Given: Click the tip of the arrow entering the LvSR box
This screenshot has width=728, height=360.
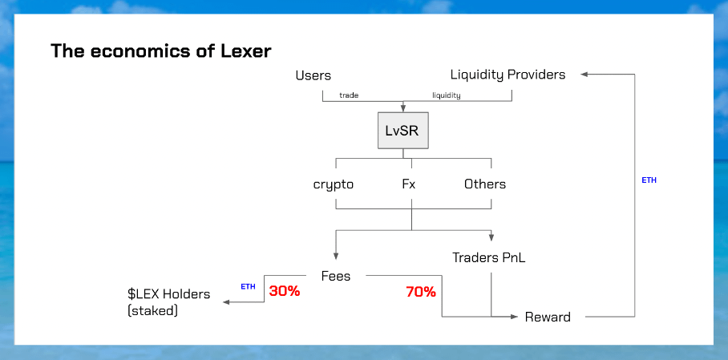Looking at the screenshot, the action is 403,111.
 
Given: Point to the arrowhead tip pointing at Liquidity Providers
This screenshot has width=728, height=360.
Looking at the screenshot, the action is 581,74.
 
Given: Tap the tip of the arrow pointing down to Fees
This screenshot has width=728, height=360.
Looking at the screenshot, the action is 336,259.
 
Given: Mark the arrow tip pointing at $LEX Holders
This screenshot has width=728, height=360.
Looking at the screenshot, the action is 224,302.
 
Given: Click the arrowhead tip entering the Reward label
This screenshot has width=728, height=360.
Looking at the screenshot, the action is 517,317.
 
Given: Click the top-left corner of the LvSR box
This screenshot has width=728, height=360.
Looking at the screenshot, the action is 378,112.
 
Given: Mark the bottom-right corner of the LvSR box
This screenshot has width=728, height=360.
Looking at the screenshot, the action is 428,148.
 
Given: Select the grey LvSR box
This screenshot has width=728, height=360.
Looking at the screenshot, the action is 403,131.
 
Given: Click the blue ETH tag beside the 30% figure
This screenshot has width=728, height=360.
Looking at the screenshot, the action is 248,286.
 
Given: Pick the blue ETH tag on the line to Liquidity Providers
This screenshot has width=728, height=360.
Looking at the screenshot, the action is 649,180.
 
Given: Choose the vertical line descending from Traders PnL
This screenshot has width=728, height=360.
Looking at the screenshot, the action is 491,294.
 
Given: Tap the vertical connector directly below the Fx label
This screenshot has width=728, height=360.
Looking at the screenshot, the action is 412,215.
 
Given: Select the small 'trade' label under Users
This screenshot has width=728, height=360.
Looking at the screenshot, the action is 349,95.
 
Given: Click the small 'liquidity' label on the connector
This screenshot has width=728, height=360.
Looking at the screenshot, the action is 447,95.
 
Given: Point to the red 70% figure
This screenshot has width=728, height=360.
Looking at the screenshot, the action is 421,292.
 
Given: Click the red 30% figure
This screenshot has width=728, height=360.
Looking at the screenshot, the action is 285,291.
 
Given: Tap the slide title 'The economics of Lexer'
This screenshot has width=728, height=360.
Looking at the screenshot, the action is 160,51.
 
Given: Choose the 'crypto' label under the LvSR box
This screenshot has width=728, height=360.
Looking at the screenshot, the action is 334,185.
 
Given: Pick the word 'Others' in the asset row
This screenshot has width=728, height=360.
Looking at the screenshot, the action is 485,184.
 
